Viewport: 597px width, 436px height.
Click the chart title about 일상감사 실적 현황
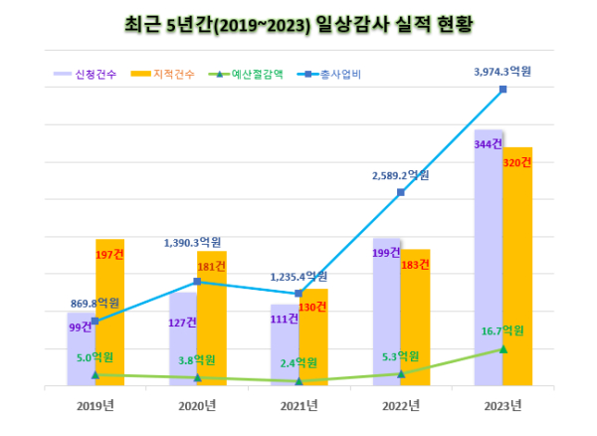click(x=298, y=23)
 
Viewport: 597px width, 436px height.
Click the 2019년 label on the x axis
click(x=96, y=404)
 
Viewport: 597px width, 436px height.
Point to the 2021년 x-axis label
click(x=298, y=404)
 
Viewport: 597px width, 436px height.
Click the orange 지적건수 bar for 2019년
click(x=109, y=319)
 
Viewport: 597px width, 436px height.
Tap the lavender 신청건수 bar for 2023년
click(x=489, y=259)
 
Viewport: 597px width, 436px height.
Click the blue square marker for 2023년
click(x=503, y=90)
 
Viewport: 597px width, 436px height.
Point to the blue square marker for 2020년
click(x=197, y=282)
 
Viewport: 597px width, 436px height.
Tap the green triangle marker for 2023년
click(x=503, y=348)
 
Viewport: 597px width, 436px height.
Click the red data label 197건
click(x=108, y=254)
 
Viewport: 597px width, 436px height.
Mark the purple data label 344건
click(x=488, y=144)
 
